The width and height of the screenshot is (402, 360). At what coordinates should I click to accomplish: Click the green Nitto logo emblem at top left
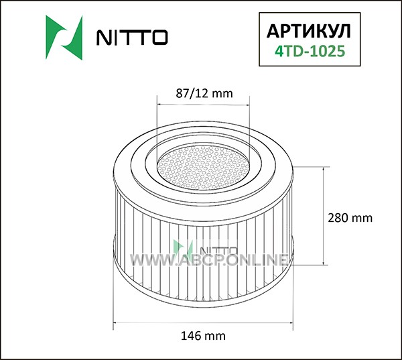click(64, 38)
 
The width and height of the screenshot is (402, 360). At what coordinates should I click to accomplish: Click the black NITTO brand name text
click(132, 38)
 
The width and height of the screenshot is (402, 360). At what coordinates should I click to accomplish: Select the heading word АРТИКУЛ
click(309, 32)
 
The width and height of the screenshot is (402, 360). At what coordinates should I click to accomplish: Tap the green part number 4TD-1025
click(310, 51)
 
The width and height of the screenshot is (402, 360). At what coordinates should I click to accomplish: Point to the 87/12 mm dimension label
click(204, 93)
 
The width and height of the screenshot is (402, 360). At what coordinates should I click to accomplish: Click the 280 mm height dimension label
click(350, 218)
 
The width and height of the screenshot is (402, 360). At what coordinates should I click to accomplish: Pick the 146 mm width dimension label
click(203, 336)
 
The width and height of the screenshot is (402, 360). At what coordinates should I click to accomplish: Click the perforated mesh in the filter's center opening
click(203, 168)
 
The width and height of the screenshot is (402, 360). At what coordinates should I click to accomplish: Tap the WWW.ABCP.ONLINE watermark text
click(209, 259)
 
